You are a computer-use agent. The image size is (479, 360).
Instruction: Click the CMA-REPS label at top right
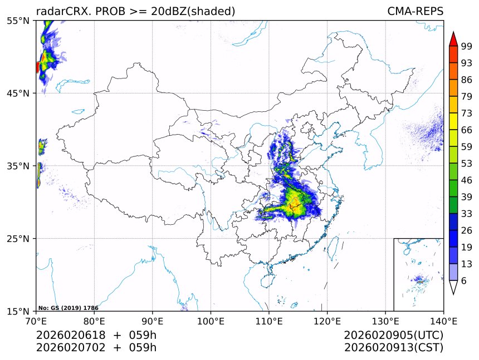point(415,11)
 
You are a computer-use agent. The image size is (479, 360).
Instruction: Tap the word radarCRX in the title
point(58,11)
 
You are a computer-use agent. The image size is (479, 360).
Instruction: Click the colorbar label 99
point(467,46)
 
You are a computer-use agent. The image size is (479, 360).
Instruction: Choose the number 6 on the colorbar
point(464,281)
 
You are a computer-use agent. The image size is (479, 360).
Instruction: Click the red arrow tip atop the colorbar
point(453,39)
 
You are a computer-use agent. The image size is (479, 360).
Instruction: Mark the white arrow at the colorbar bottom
point(453,287)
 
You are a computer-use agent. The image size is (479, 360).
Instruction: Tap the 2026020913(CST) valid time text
point(393,348)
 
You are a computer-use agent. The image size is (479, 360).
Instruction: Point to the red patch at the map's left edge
point(37,67)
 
